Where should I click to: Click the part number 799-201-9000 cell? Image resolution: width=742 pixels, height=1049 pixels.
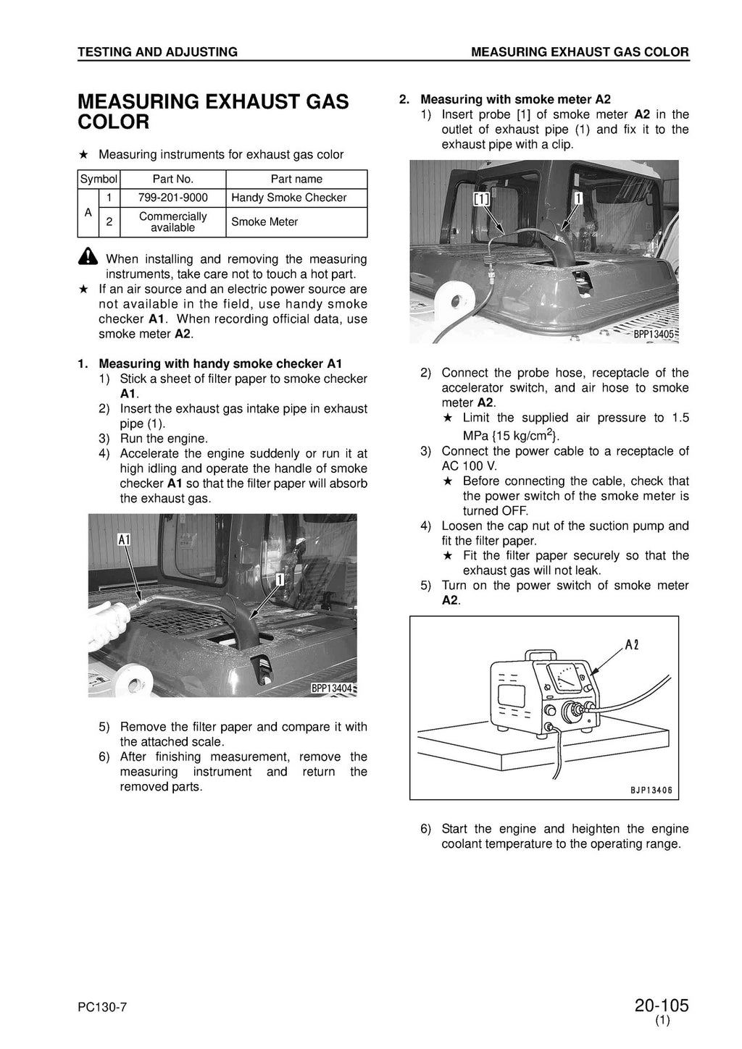(172, 198)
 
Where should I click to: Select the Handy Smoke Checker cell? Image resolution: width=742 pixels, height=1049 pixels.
(288, 198)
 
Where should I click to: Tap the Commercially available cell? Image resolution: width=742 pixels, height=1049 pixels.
(172, 222)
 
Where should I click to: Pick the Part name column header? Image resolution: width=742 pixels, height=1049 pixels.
(296, 179)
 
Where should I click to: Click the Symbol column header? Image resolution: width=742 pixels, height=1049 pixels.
(99, 179)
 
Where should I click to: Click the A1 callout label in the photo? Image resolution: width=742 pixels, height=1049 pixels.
(123, 539)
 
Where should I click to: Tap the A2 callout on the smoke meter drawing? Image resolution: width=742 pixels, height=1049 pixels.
(631, 646)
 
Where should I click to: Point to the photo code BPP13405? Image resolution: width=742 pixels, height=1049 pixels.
(654, 334)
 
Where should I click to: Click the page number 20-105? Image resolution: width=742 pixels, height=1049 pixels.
(661, 1006)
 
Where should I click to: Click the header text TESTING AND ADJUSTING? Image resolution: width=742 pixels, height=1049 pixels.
(157, 52)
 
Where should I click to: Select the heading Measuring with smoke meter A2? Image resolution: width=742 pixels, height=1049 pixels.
(515, 99)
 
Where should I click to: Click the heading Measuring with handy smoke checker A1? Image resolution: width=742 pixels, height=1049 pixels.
(220, 363)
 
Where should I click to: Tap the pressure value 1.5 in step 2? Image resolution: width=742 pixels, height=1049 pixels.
(680, 418)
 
